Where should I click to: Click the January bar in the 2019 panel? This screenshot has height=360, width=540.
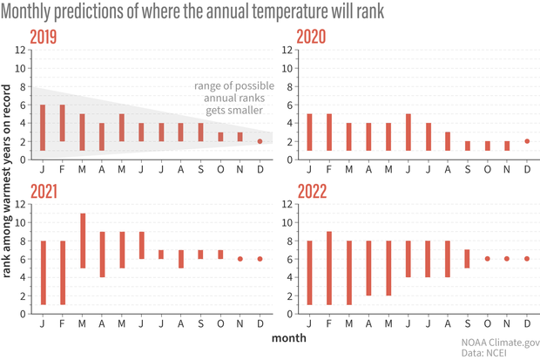tap(43, 127)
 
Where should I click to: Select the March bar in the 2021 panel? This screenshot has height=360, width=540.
tap(83, 240)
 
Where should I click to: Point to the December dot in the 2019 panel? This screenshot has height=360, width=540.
tap(260, 141)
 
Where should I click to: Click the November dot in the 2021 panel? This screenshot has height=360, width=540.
tap(240, 258)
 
